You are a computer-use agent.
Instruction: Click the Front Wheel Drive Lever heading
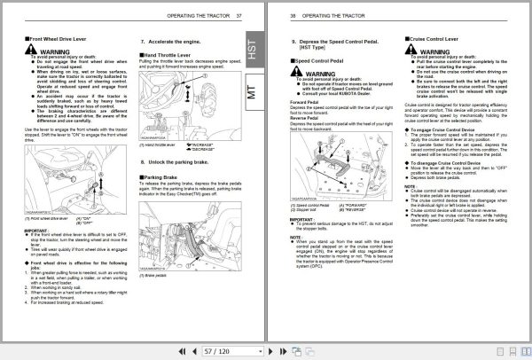pyautogui.click(x=43, y=41)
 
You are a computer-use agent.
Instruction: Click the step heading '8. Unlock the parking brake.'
pyautogui.click(x=178, y=162)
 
